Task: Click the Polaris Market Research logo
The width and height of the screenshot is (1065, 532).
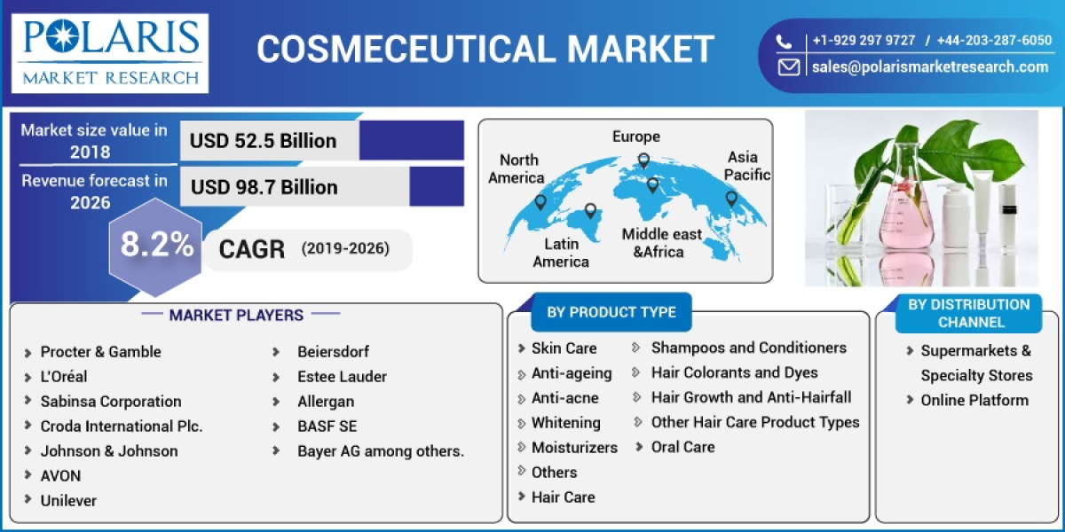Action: tap(110, 51)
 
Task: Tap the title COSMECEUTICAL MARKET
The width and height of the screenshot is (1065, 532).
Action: tap(485, 50)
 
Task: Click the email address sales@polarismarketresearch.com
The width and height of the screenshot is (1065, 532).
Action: tap(929, 66)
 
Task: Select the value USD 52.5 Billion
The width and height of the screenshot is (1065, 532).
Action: tap(264, 141)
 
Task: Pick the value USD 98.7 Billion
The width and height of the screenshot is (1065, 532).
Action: tap(264, 187)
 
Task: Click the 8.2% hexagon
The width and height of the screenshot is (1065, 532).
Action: tap(157, 246)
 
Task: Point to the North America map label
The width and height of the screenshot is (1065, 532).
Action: tap(517, 168)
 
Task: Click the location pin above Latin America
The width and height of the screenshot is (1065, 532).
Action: tap(590, 211)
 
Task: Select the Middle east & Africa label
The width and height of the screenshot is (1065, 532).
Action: tap(661, 243)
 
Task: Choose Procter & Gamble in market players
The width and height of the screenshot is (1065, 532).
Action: tap(100, 352)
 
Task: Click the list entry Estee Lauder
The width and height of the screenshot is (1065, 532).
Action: tap(342, 377)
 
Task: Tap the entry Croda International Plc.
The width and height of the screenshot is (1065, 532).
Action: tap(122, 426)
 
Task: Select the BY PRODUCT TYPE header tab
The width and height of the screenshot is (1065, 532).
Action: tap(611, 312)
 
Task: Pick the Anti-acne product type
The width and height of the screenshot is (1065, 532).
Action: tap(564, 398)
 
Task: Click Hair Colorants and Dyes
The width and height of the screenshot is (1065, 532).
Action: tap(734, 372)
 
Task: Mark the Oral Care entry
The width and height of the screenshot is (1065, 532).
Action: tap(682, 447)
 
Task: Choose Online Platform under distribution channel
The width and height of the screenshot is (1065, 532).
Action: tap(974, 400)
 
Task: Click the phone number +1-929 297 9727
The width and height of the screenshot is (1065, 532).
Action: tap(863, 41)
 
